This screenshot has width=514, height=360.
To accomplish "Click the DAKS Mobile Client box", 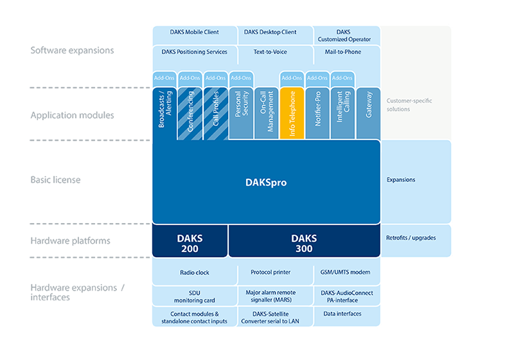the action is point(195,35).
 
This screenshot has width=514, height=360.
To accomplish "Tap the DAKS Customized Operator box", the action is point(347,35).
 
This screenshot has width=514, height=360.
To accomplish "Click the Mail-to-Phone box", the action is point(347,55).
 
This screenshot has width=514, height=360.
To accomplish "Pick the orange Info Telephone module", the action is point(292,113).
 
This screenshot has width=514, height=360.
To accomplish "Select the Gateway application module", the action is point(368,113).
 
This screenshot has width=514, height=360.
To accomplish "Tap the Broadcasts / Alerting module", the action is point(164,113).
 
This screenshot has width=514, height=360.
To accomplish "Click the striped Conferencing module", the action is point(190,113).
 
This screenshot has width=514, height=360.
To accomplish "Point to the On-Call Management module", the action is point(267,113).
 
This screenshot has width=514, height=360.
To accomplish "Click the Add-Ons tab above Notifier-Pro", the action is point(317,78).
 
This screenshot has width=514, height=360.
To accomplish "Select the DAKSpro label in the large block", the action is point(266,183).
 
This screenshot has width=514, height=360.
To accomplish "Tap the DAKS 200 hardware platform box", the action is point(190,241).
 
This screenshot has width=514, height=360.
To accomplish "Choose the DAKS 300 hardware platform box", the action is point(304,241).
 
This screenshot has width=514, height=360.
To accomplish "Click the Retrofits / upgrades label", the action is point(411,238).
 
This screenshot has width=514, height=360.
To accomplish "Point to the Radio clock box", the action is point(195,271).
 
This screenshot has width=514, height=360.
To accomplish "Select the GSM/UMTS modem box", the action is point(347,271).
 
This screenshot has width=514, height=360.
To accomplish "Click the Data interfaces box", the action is point(347,316).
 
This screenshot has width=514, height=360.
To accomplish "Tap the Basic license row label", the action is point(55,179).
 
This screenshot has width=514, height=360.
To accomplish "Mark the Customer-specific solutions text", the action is point(409,105).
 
